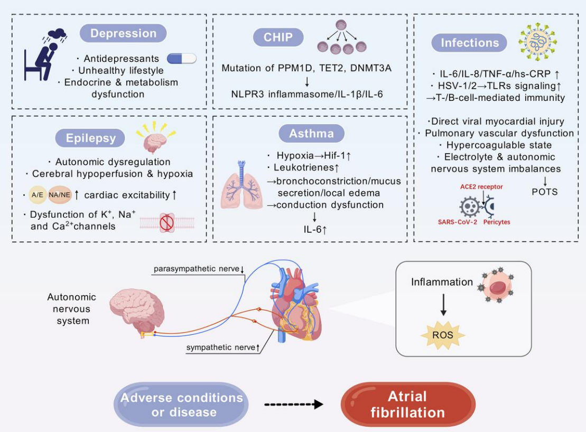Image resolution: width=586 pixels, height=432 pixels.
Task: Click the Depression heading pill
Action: [x=123, y=33]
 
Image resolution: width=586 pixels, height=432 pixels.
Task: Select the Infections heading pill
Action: [x=469, y=42]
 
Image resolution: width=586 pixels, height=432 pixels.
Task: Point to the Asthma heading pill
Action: [x=311, y=134]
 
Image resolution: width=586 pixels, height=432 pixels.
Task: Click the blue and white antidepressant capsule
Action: [x=181, y=59]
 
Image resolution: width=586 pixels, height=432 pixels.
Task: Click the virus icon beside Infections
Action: [x=538, y=41]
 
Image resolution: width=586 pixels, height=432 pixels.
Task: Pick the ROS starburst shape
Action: [x=443, y=335]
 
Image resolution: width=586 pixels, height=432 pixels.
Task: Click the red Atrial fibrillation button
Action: [x=407, y=404]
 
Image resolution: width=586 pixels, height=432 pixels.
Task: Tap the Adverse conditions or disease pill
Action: [x=182, y=405]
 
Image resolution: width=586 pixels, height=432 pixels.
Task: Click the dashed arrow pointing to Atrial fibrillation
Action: [x=293, y=405]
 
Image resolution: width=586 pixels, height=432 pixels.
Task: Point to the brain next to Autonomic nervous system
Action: [x=136, y=309]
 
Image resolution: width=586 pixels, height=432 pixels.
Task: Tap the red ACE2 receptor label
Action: [x=481, y=187]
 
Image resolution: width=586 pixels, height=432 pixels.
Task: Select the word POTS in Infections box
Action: [x=545, y=191]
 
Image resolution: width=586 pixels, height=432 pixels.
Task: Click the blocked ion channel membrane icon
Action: [x=166, y=222]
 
